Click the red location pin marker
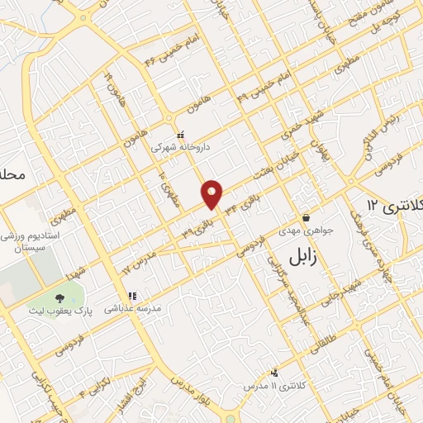(213, 193)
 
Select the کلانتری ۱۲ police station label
(393, 204)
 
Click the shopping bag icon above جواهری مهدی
(307, 218)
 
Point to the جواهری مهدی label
(307, 231)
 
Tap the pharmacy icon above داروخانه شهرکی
(181, 134)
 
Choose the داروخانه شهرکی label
(181, 146)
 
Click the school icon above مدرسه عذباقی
(131, 295)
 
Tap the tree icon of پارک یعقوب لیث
(59, 299)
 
